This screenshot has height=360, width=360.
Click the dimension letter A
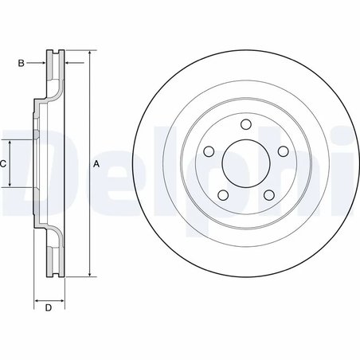coord(97,164)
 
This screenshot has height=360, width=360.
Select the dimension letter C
coord(3,163)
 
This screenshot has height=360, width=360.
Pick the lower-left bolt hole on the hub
coord(223,194)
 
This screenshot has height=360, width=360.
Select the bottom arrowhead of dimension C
coord(10,184)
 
